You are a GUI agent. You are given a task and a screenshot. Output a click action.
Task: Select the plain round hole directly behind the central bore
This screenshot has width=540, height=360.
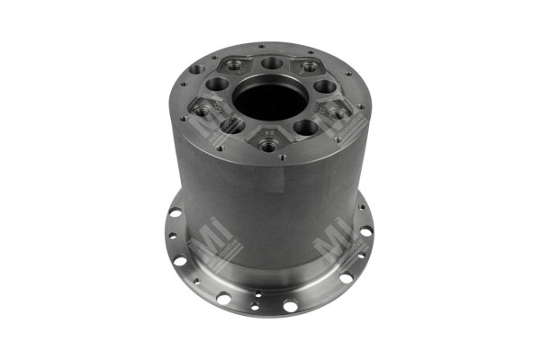pos(271,64)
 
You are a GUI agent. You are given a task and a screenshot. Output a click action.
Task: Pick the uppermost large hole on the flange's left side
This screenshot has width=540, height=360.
pos(175,214)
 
